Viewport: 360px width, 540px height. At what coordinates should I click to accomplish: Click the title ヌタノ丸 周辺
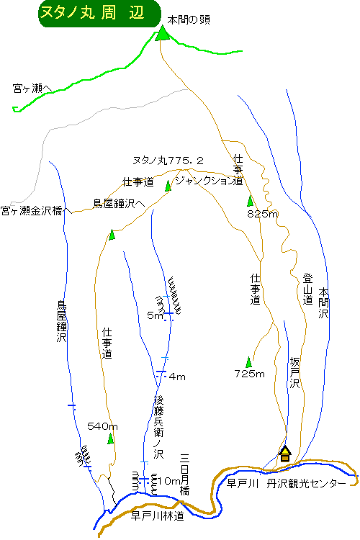92,13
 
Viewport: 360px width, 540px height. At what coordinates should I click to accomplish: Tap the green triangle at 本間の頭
162,34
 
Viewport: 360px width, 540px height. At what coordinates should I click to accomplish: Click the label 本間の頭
189,20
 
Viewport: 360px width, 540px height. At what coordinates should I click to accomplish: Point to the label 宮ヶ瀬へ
32,89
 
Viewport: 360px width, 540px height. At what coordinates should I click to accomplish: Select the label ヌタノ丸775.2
168,161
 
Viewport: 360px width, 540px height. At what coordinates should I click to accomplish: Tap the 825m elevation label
263,214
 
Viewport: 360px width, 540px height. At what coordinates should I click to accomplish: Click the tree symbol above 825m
250,200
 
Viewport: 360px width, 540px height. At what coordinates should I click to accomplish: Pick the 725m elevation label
249,374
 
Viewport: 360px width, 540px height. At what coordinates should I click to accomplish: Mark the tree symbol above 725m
248,362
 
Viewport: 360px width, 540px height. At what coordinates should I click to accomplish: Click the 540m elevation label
102,426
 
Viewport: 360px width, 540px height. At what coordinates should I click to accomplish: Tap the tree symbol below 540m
110,438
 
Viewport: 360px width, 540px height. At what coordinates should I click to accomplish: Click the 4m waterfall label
177,377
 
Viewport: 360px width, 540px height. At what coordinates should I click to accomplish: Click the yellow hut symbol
285,454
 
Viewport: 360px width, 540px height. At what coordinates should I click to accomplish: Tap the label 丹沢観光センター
306,484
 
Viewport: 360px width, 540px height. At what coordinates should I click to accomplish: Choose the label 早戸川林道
158,516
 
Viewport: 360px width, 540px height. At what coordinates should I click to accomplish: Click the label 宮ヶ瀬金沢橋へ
36,211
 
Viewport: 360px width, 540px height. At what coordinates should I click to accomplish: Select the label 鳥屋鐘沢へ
120,204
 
